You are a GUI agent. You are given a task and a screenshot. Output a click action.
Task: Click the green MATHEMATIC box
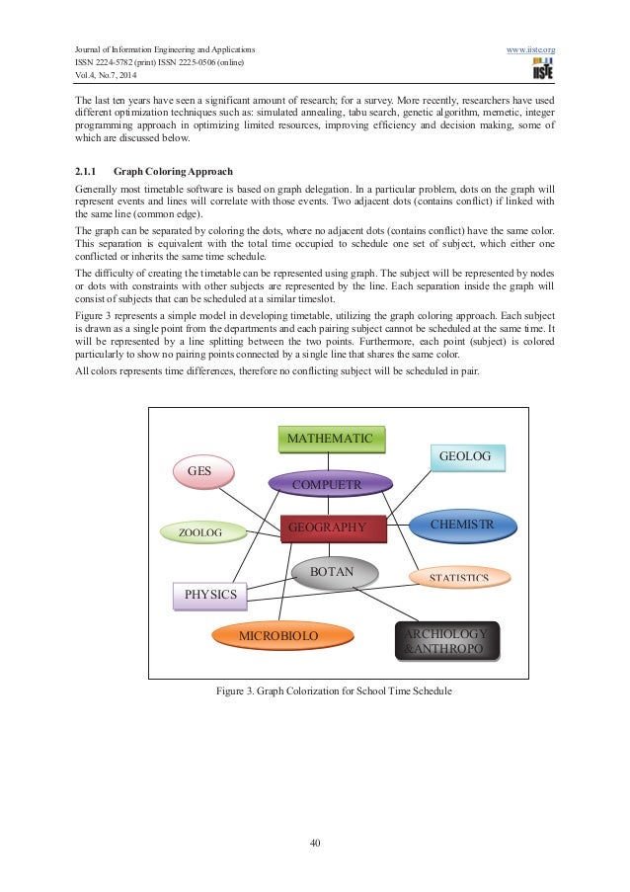click(331, 439)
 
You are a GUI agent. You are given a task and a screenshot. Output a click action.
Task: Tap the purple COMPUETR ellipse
click(331, 484)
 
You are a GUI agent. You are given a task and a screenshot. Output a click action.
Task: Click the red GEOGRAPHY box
click(330, 528)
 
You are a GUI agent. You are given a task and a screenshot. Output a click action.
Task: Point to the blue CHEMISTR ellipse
click(462, 525)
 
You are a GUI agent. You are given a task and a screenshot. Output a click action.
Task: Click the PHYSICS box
click(209, 595)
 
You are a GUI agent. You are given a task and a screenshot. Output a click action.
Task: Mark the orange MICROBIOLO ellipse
click(278, 636)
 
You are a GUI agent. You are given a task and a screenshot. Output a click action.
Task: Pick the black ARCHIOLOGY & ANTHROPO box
click(446, 640)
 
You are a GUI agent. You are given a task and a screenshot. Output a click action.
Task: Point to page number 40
click(315, 843)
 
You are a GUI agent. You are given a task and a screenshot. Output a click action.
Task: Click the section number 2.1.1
click(89, 170)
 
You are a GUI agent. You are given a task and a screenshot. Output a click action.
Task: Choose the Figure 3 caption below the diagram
click(334, 691)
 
